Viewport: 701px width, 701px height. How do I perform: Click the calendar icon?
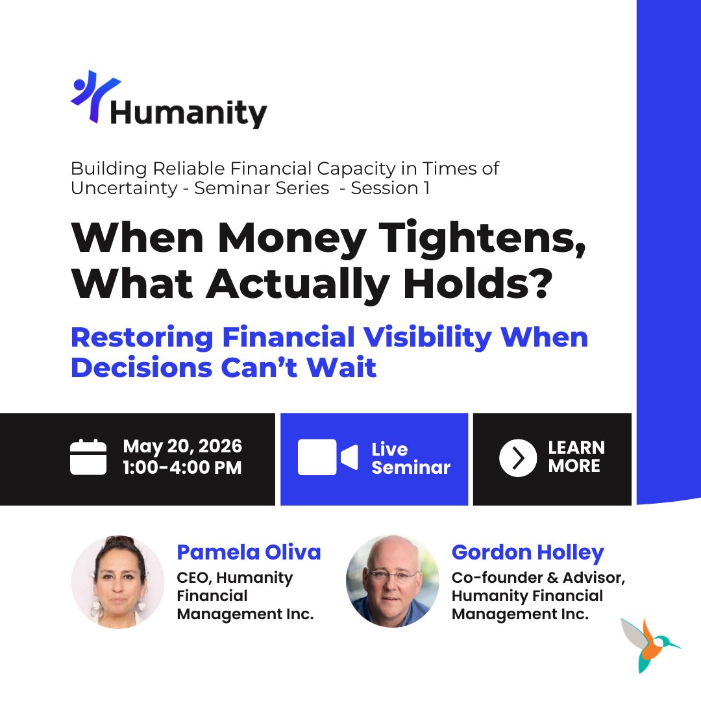tap(88, 457)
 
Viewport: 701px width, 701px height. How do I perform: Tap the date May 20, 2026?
tap(182, 447)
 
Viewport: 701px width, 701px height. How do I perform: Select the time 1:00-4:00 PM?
tap(182, 467)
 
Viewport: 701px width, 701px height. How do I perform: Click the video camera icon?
tap(327, 457)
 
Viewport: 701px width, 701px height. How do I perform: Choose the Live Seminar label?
tap(410, 458)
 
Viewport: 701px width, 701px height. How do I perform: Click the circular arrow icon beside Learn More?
tap(517, 458)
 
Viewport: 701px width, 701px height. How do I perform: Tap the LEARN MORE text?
tap(576, 457)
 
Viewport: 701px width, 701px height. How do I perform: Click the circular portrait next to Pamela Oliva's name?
tap(117, 582)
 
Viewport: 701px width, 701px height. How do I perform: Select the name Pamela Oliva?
tap(249, 552)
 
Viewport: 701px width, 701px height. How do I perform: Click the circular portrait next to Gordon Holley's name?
tap(393, 581)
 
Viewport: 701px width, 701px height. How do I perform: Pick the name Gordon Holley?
tap(528, 552)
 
